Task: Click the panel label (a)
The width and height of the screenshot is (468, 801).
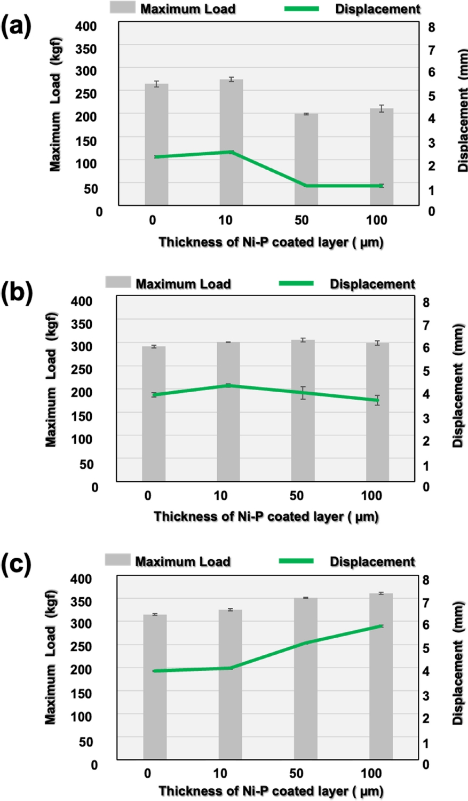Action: pyautogui.click(x=16, y=26)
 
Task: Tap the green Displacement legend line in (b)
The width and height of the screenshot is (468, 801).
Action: pyautogui.click(x=297, y=283)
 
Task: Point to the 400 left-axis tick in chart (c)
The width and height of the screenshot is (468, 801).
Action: pyautogui.click(x=81, y=578)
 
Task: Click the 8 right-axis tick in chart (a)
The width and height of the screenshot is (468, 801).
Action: pyautogui.click(x=432, y=27)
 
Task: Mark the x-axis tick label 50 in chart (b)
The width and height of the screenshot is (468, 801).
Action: pyautogui.click(x=296, y=496)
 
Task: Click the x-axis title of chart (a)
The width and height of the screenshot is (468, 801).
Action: pyautogui.click(x=271, y=242)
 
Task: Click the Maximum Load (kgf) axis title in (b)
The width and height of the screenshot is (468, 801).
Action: pyautogui.click(x=51, y=379)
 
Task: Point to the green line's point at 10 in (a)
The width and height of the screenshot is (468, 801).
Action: pyautogui.click(x=231, y=152)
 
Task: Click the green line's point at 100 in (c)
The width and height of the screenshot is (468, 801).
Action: pyautogui.click(x=381, y=625)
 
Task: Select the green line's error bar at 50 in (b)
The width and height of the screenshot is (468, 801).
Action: pyautogui.click(x=303, y=393)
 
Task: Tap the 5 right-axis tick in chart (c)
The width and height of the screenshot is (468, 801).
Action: pyautogui.click(x=426, y=648)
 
